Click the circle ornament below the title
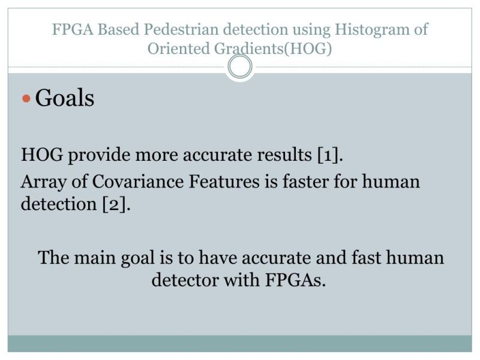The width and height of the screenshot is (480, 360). click(240, 67)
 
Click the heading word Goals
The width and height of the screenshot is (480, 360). click(65, 97)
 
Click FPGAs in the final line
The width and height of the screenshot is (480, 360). click(293, 280)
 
